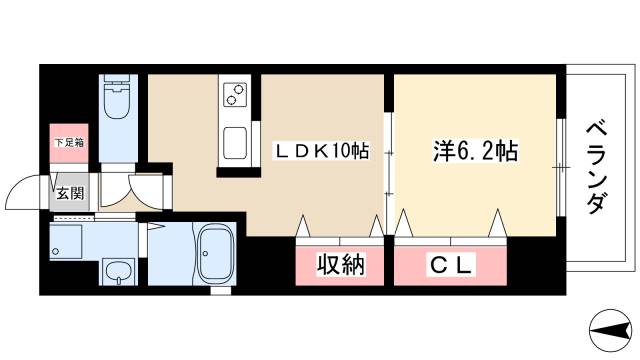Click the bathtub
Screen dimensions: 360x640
click(x=214, y=254)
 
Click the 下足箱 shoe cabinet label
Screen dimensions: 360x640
click(x=69, y=143)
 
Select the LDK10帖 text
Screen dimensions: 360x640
click(x=322, y=152)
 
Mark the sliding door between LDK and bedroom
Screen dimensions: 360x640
click(x=389, y=166)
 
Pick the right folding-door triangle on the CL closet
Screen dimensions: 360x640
click(x=495, y=226)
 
